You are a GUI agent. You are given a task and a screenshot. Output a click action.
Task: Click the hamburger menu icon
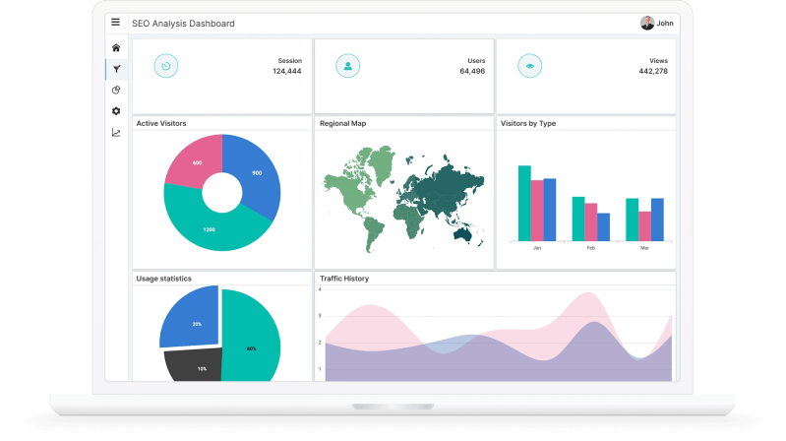tap(116, 23)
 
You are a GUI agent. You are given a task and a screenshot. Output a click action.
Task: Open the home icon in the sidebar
tap(116, 47)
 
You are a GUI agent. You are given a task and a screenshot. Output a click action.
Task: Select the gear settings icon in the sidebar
tap(116, 111)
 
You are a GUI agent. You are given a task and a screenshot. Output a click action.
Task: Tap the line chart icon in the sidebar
tap(116, 133)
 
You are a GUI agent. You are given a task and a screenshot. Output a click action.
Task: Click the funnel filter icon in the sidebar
tap(116, 69)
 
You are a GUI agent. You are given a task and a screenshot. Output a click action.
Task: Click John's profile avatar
tap(646, 23)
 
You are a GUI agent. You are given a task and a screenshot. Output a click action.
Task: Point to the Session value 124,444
tap(287, 71)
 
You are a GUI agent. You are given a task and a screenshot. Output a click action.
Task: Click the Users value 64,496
tap(472, 71)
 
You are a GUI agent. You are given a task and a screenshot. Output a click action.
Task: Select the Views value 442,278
tap(653, 71)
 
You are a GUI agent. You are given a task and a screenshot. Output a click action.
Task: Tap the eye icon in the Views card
tap(531, 66)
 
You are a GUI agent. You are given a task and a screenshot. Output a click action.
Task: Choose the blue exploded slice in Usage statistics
tap(190, 318)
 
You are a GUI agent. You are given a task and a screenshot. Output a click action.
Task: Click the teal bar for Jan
tap(524, 203)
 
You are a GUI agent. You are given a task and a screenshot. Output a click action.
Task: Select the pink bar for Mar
tap(644, 225)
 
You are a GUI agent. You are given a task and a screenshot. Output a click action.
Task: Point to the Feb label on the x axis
tap(591, 248)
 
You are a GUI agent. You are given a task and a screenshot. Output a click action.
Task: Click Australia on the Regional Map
tap(459, 229)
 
